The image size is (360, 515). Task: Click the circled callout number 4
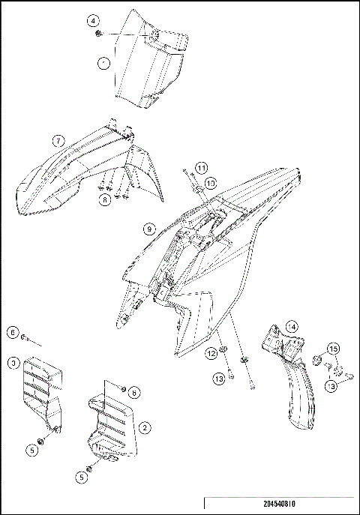point(92,19)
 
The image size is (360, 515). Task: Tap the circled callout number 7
point(57,140)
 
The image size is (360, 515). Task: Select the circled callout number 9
point(149,227)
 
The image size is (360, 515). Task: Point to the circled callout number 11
point(202,166)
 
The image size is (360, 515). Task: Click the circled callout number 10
point(211,182)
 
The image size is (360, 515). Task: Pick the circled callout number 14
point(292,326)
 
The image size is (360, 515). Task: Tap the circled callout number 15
point(333,349)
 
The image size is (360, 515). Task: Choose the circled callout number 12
point(212,352)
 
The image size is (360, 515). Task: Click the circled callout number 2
point(145,427)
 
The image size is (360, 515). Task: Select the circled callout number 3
point(13,364)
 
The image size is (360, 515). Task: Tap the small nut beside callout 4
point(100,34)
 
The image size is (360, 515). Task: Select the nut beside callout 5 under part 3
point(44,442)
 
